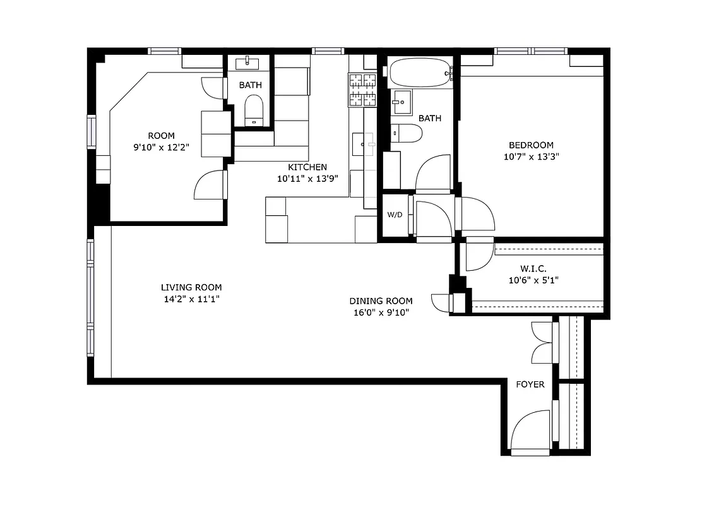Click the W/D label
(x=395, y=215)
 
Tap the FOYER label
(x=530, y=384)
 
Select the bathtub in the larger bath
(x=420, y=74)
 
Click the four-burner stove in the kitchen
(x=362, y=90)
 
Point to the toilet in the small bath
(x=253, y=110)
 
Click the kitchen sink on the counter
(x=364, y=144)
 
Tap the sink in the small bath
(x=248, y=62)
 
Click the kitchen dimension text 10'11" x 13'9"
(x=307, y=179)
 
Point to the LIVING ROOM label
(x=191, y=287)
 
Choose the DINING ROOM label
(x=381, y=301)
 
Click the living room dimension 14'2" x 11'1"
(x=191, y=299)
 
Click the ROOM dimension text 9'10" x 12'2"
(x=161, y=147)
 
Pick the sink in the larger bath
(x=400, y=101)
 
